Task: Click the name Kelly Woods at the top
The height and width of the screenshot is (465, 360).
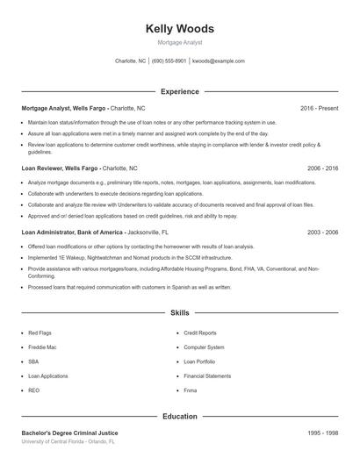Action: [179, 29]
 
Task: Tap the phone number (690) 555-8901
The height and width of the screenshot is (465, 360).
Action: [169, 61]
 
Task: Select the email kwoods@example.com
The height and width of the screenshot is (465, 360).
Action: [218, 61]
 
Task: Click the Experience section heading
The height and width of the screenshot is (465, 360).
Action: [179, 91]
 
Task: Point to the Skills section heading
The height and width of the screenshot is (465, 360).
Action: [179, 311]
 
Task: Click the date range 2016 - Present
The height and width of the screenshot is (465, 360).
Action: [319, 108]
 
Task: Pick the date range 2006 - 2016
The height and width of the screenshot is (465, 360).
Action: [322, 167]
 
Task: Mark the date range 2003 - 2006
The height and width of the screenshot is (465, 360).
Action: [322, 232]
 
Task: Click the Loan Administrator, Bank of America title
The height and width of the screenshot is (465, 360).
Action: [77, 232]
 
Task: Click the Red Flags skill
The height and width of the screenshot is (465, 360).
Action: [40, 333]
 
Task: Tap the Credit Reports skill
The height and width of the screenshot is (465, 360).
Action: [200, 333]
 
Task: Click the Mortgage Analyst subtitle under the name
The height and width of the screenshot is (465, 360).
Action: [179, 42]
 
